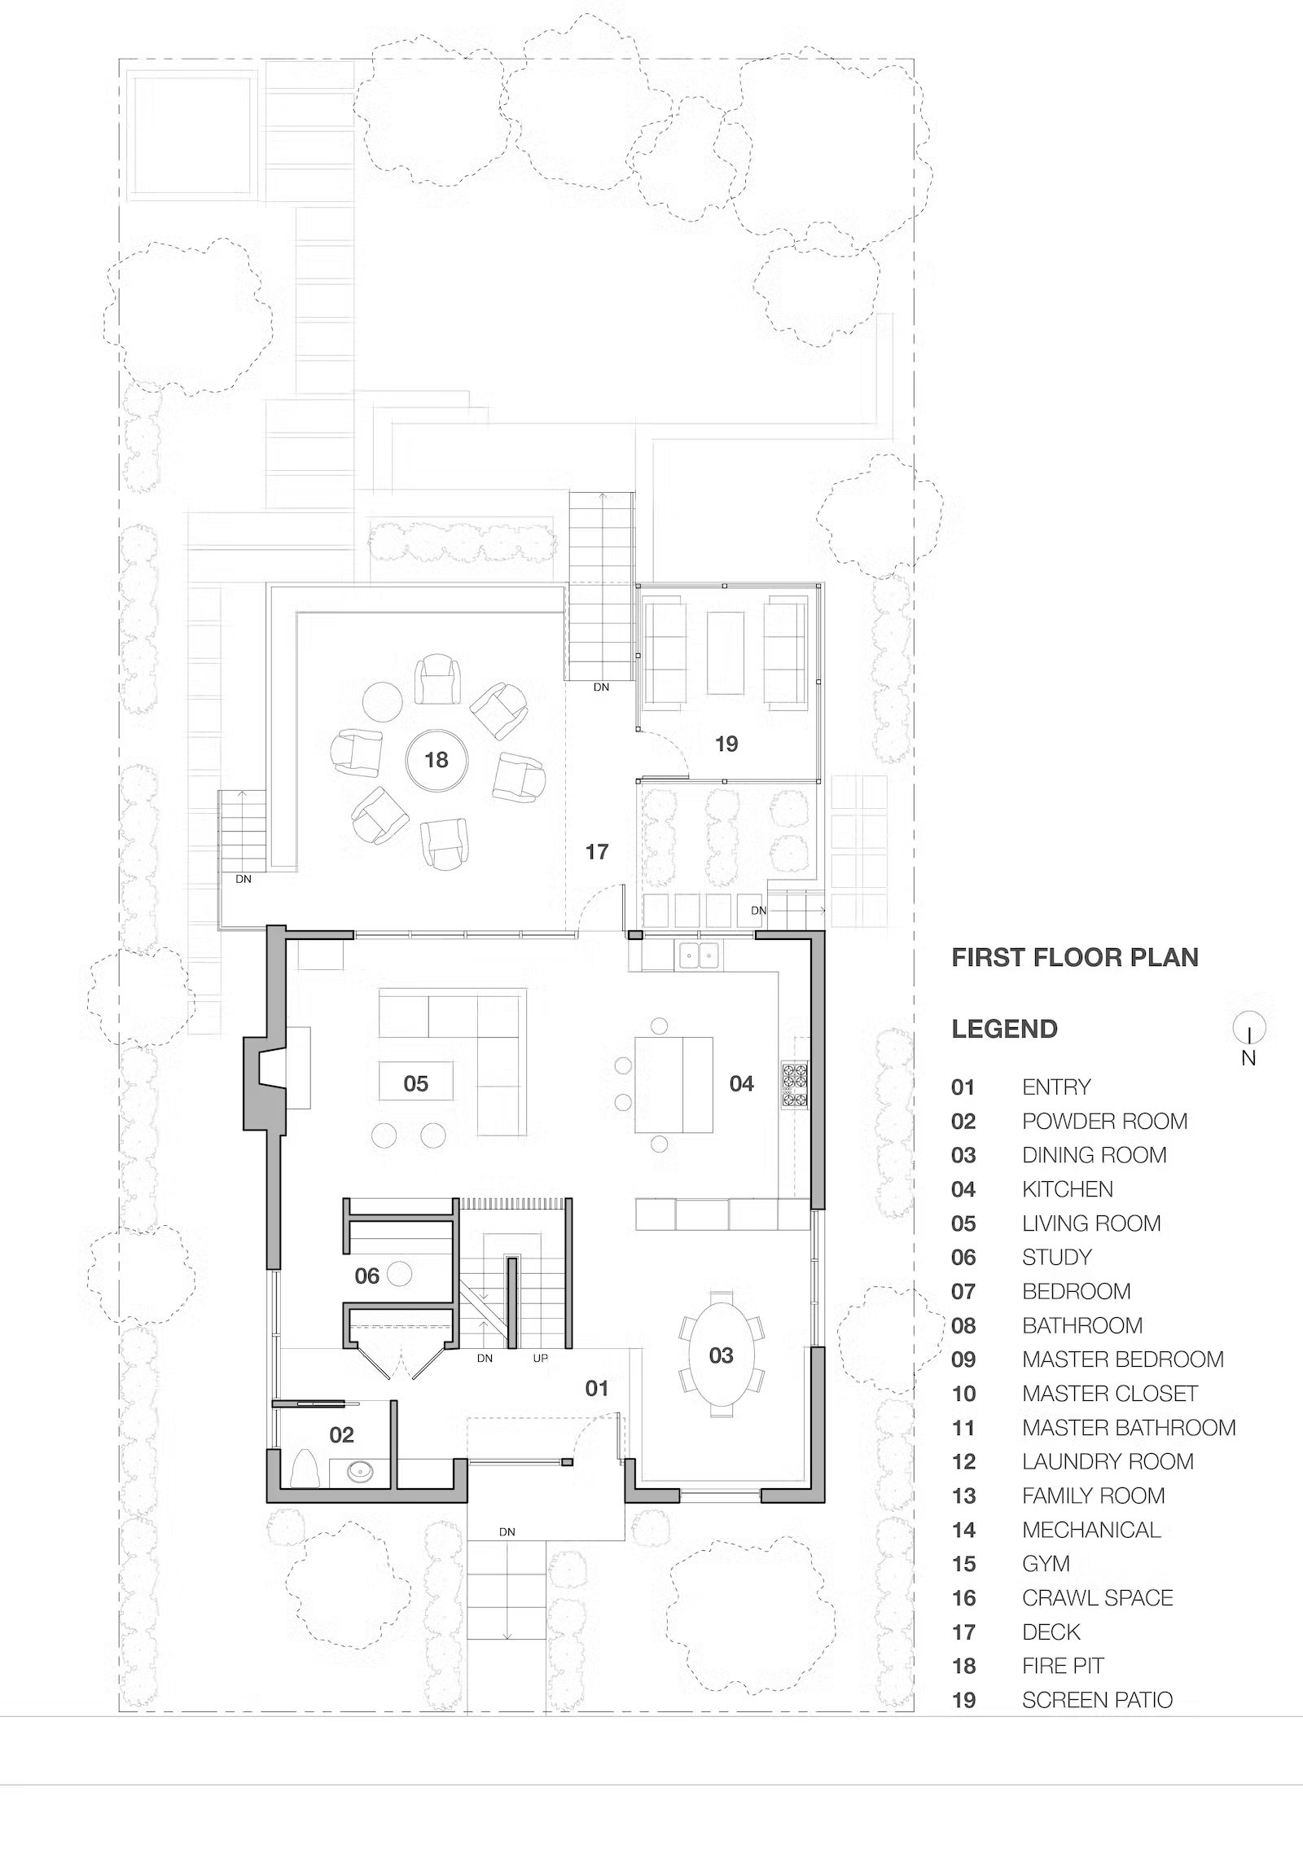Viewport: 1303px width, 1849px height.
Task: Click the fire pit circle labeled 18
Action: coord(437,760)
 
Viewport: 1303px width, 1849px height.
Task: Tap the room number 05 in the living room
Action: coord(415,1083)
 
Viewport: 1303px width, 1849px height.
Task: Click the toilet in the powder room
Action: coord(305,1469)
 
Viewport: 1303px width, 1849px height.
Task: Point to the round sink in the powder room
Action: coord(359,1472)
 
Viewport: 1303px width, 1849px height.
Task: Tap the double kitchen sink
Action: coord(700,953)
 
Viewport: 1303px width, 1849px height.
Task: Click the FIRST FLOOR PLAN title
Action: coord(1075,957)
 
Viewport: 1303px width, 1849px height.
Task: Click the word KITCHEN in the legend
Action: coord(1068,1189)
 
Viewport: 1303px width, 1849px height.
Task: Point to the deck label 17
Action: coord(597,852)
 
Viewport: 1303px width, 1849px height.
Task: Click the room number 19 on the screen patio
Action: coord(726,744)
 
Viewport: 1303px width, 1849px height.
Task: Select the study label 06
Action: coord(367,1276)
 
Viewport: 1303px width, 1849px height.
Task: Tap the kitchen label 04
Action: coord(742,1083)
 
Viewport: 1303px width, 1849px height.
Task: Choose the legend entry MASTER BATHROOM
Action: coord(1129,1427)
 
